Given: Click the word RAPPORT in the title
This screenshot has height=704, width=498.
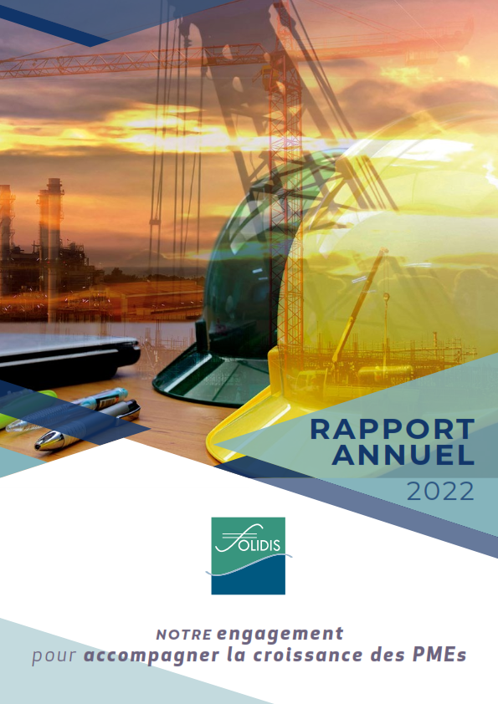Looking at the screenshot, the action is (393, 429).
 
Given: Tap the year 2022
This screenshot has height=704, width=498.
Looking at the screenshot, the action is (440, 491).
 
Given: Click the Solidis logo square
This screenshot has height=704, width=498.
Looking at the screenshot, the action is (248, 556).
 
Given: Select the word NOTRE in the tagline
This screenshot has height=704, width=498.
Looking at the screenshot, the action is (184, 635).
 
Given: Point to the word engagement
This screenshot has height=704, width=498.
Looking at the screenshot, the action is (280, 634).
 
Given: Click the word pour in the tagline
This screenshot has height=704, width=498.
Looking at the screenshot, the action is (54, 656).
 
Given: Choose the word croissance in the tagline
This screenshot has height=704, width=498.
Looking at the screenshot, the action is (307, 655).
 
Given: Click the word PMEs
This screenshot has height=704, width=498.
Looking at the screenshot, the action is (439, 655).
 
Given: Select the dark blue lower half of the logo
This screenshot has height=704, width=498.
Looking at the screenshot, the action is (248, 579).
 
